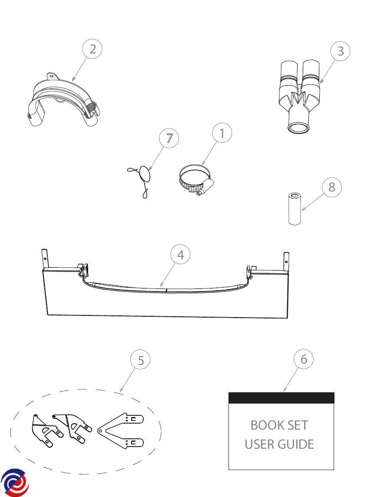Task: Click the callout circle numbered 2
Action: [x=92, y=49]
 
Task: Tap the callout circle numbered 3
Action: [x=341, y=51]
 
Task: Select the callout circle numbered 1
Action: [x=222, y=133]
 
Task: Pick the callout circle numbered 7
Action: [x=169, y=139]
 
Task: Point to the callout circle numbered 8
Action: [x=331, y=187]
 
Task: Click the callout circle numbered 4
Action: [x=180, y=255]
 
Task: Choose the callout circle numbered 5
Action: [x=140, y=360]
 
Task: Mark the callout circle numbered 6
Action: [x=304, y=359]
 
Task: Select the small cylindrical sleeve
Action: [x=295, y=209]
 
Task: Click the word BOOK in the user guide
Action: [x=265, y=425]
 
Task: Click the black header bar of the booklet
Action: [x=281, y=398]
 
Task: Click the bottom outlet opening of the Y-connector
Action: [x=298, y=128]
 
